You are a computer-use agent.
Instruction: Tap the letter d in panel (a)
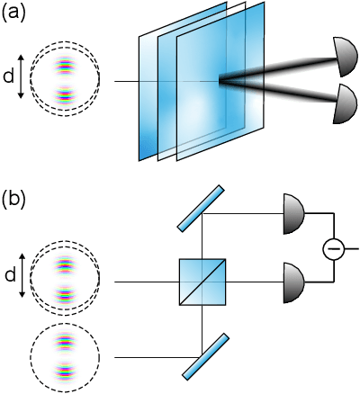pos(9,79)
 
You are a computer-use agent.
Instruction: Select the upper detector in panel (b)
pos(295,214)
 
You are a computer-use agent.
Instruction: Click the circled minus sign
pos(334,247)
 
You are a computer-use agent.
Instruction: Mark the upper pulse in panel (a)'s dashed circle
pos(65,66)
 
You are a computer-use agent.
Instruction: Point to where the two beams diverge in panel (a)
pos(220,83)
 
